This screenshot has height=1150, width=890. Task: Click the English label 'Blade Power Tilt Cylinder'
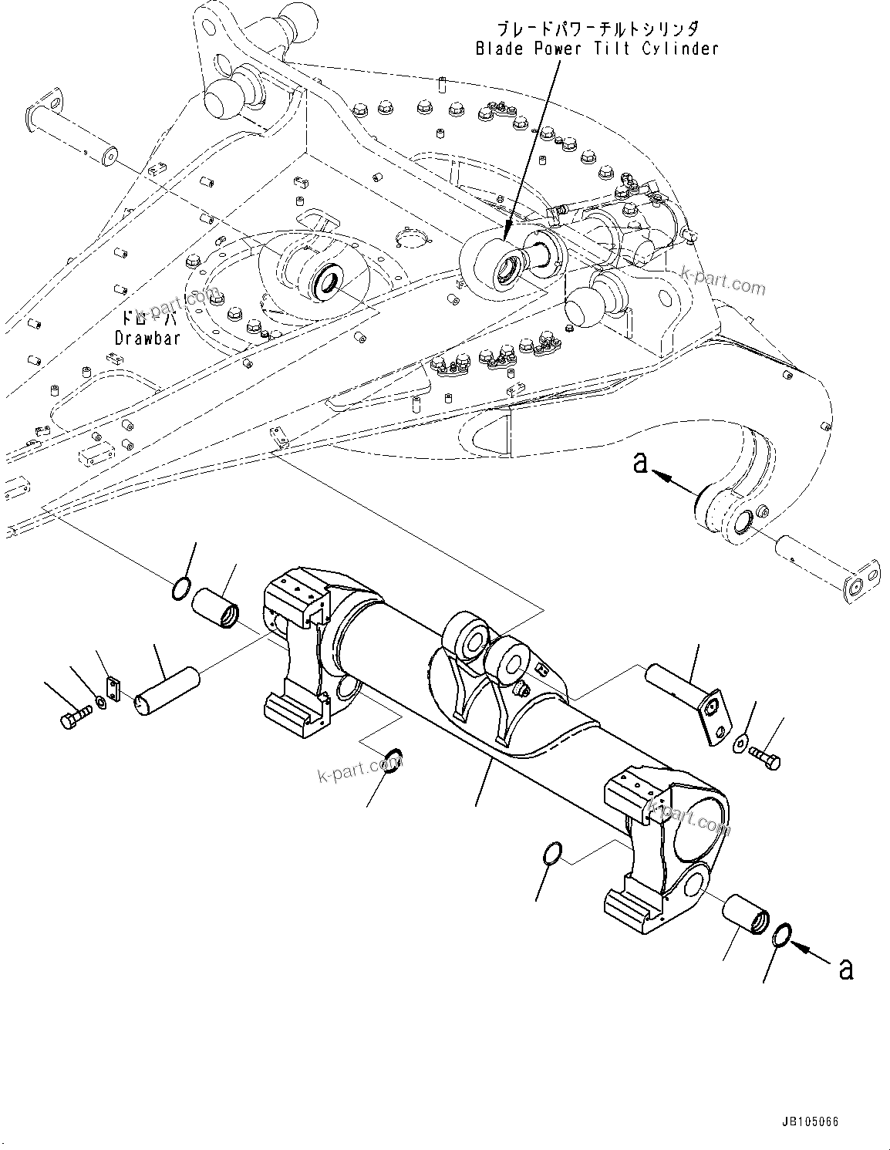(596, 49)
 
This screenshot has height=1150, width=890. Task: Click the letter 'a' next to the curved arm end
(639, 464)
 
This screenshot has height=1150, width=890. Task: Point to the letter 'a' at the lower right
(846, 970)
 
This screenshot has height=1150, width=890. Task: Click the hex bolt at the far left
(73, 719)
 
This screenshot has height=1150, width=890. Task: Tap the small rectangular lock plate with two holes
(113, 689)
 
